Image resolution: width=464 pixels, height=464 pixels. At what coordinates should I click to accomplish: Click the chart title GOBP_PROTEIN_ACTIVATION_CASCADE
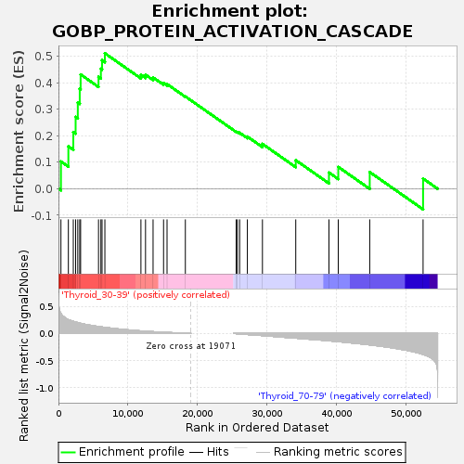[232, 32]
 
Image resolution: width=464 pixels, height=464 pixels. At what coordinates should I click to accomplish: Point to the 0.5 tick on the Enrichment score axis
[44, 57]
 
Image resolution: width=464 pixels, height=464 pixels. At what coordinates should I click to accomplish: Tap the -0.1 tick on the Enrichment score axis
[42, 215]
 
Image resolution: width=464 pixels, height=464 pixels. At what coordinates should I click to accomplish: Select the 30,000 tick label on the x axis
[267, 414]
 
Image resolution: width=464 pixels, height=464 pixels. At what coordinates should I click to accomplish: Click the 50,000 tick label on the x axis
[406, 414]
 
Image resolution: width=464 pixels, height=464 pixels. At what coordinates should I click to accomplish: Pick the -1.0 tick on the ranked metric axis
[45, 388]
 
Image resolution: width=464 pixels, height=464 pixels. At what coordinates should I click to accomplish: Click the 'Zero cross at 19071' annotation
[190, 346]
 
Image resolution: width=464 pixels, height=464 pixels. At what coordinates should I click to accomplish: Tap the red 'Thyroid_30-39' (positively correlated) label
[146, 295]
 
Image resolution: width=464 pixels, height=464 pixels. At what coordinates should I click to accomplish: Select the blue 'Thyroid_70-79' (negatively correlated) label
[344, 396]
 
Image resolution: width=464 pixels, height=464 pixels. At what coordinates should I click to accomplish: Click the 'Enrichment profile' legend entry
[123, 452]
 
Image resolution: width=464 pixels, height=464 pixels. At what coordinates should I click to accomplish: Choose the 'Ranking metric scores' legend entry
[329, 452]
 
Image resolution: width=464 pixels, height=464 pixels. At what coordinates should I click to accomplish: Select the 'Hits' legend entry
[209, 452]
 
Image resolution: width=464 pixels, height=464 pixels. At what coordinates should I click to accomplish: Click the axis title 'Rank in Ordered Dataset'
[257, 428]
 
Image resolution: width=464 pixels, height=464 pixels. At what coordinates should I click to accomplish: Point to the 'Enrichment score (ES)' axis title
[19, 131]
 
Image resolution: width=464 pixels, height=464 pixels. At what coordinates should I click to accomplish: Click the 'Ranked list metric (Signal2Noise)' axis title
[23, 345]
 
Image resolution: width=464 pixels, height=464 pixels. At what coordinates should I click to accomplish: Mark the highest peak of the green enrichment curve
[105, 53]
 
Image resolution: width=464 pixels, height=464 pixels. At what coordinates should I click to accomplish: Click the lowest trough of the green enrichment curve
[423, 210]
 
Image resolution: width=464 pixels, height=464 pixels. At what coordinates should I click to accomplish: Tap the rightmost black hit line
[423, 247]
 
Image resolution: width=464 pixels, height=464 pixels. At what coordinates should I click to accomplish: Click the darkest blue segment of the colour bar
[418, 281]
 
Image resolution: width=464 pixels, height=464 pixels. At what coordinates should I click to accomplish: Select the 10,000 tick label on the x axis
[128, 414]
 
